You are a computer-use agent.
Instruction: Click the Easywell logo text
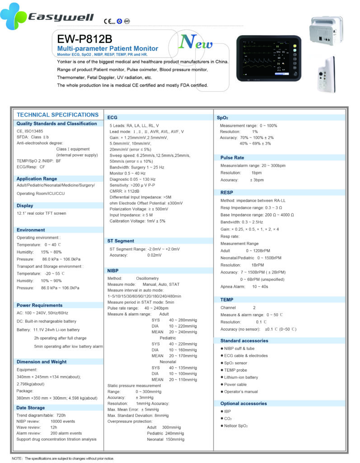pos(61,18)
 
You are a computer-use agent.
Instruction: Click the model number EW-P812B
pos(83,38)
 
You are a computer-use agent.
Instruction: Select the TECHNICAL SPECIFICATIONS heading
pos(57,115)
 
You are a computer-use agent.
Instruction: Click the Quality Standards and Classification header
pos(56,123)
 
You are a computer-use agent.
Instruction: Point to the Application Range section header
pos(37,179)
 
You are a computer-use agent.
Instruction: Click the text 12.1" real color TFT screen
pos(41,213)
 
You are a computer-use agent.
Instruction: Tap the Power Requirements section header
pos(39,305)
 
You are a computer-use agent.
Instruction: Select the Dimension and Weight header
pos(41,362)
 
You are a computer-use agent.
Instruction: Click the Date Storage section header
pos(31,408)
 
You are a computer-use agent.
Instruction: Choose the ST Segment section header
pos(121,241)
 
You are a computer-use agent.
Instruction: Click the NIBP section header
pos(113,270)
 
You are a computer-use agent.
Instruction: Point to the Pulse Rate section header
pos(232,158)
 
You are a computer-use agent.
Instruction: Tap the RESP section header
pos(227,192)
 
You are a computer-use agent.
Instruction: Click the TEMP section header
pos(227,300)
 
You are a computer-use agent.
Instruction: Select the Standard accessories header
pos(244,340)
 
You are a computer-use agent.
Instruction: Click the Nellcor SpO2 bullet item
pos(236,426)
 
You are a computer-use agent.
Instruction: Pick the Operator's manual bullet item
pos(241,392)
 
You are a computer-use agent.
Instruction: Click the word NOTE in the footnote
pos(17,458)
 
